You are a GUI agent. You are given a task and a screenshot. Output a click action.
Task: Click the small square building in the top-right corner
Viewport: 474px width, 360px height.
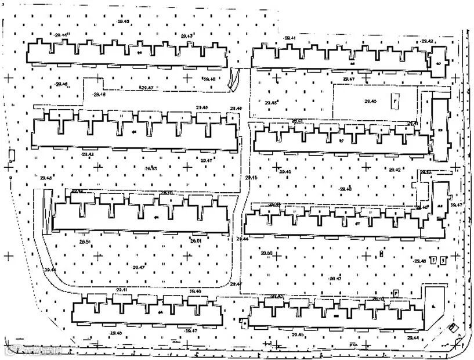pos(439,62)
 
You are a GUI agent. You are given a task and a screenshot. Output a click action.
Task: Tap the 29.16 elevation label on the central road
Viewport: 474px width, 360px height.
pos(251,177)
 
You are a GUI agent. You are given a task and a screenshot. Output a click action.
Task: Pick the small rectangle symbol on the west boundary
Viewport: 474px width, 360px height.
pos(11,154)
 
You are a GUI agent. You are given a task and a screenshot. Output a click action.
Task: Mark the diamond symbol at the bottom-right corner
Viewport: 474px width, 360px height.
pos(454,329)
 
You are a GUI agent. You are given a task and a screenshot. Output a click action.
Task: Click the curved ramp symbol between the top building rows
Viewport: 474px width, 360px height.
pos(234,80)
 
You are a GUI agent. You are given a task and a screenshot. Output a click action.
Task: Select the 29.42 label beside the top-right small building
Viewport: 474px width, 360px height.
pos(428,41)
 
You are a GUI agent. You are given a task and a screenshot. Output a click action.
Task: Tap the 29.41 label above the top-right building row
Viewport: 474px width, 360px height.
pos(290,38)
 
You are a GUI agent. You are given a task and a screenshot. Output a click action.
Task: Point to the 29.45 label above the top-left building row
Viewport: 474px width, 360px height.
pos(123,21)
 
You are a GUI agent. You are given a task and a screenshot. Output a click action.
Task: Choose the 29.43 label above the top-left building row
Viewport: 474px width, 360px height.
pos(187,36)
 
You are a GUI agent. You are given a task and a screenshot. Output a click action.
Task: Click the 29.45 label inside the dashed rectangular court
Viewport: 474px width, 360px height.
pos(370,101)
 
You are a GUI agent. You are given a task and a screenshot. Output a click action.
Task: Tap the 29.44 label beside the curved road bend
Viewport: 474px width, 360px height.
pos(49,270)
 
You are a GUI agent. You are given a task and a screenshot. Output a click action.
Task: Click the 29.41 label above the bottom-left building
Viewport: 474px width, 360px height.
pos(122,289)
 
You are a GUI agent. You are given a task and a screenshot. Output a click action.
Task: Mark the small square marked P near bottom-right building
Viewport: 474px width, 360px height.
pos(396,293)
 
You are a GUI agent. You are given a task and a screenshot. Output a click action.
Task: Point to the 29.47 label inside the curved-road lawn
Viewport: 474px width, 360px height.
pos(139,267)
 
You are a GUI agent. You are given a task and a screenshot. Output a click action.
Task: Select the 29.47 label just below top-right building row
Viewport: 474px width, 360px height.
pos(348,78)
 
